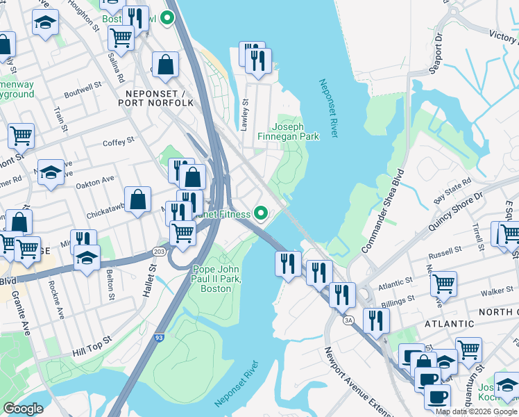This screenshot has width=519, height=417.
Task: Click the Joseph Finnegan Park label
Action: point(296,131)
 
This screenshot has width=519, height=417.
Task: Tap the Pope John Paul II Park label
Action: point(215,279)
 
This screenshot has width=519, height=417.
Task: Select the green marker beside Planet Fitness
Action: point(261,213)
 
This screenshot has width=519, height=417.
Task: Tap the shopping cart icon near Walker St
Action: point(443,283)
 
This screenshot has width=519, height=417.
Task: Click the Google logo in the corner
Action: point(23,409)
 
